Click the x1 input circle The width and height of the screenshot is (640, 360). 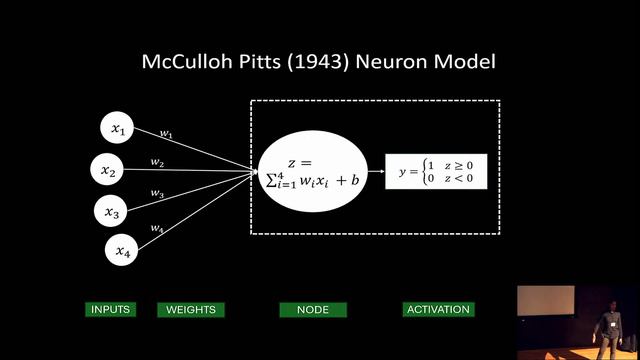click(x=117, y=128)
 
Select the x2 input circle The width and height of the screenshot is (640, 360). click(x=107, y=169)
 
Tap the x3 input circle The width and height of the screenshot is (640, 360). click(x=111, y=211)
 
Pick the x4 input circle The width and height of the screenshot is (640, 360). click(x=121, y=250)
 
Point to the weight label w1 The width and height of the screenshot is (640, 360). click(x=166, y=133)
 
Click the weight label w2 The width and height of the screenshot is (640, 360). click(x=157, y=162)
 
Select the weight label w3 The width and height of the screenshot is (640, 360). click(x=157, y=193)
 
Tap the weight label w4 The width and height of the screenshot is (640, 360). click(x=157, y=228)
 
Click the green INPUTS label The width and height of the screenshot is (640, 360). click(x=111, y=309)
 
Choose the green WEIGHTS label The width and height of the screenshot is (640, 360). click(x=191, y=310)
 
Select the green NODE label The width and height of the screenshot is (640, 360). click(x=313, y=310)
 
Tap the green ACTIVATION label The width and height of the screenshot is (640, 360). click(x=438, y=309)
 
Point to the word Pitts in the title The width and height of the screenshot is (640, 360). click(x=260, y=62)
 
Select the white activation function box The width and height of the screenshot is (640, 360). click(x=436, y=171)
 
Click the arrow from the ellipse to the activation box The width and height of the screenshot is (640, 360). click(x=376, y=171)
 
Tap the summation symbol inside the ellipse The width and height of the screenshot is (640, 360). click(x=271, y=180)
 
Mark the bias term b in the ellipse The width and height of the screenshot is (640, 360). click(x=355, y=179)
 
